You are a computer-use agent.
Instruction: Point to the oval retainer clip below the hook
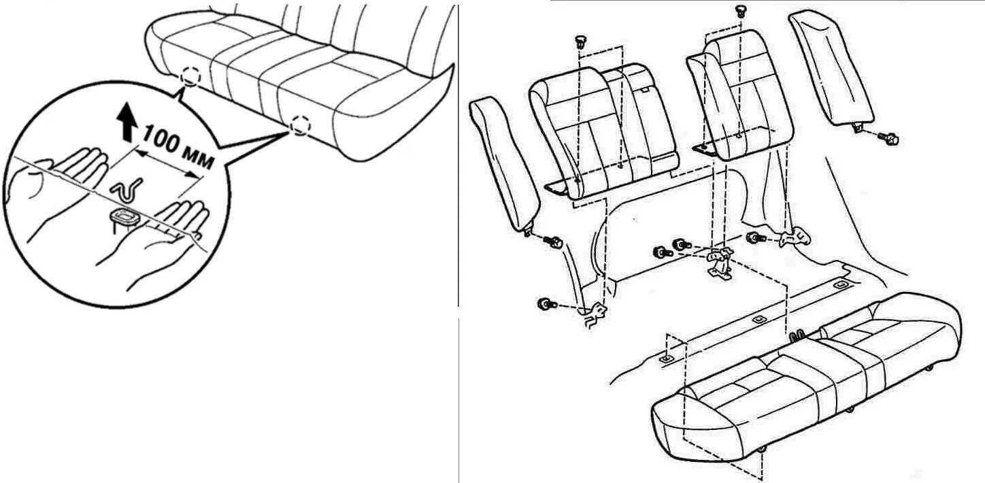124,217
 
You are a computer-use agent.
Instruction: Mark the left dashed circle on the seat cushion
191,78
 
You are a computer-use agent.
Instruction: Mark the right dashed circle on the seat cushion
299,124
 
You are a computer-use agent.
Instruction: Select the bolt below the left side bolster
554,241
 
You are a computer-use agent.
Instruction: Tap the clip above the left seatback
580,41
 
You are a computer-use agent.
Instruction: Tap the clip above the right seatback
741,11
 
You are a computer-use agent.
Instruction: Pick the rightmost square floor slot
841,283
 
